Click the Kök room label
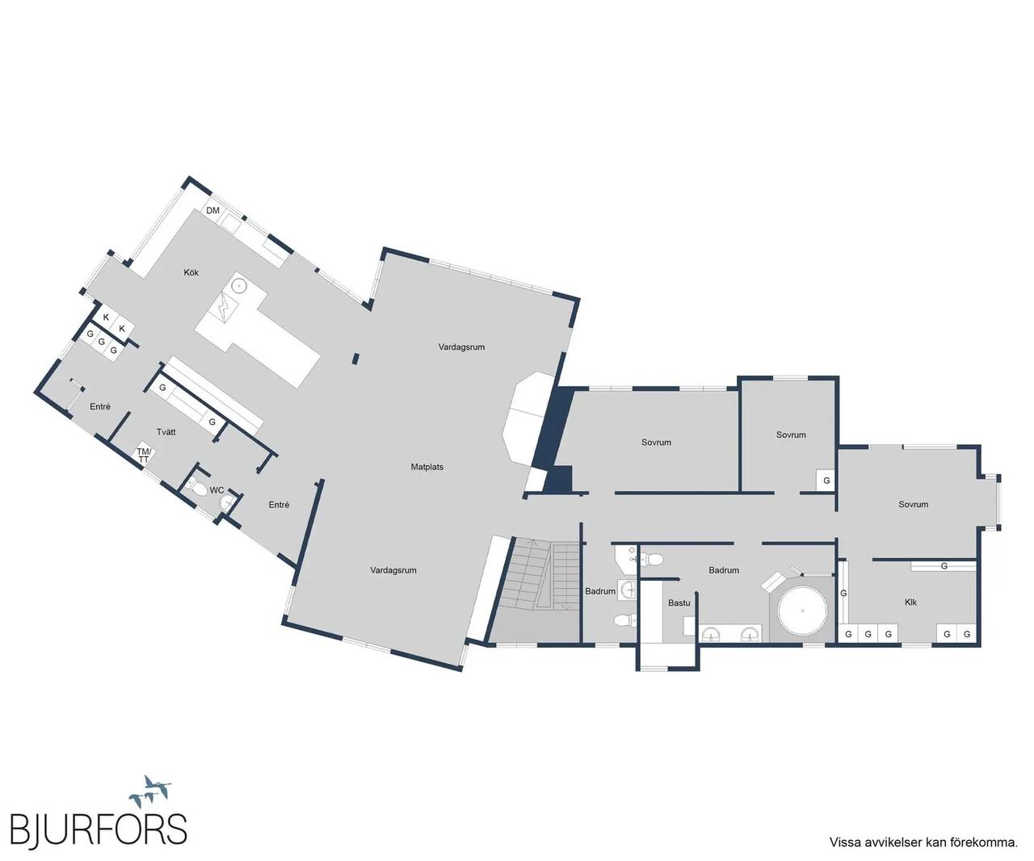pyautogui.click(x=191, y=272)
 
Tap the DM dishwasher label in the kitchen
pyautogui.click(x=212, y=211)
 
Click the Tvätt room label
pyautogui.click(x=166, y=432)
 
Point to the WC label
pyautogui.click(x=217, y=490)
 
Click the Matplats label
pyautogui.click(x=427, y=466)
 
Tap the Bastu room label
pyautogui.click(x=679, y=603)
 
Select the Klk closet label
pyautogui.click(x=910, y=602)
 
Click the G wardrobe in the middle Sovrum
pyautogui.click(x=826, y=481)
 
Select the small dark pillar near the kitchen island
pyautogui.click(x=355, y=359)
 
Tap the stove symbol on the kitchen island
pyautogui.click(x=225, y=309)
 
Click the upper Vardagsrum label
pyautogui.click(x=461, y=346)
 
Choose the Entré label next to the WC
pyautogui.click(x=279, y=505)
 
